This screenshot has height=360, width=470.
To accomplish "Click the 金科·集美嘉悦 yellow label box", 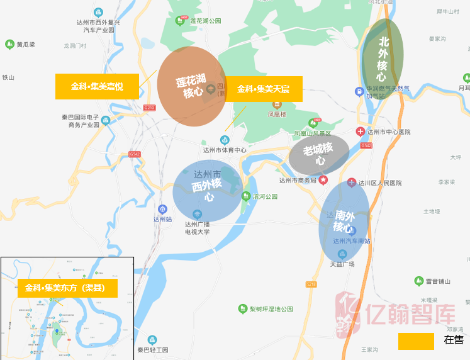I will click(97, 86).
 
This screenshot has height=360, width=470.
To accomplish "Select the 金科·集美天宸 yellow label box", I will click(263, 89).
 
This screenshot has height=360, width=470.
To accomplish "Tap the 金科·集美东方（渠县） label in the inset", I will click(67, 288).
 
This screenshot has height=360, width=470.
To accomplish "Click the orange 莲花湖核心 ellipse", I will click(192, 86).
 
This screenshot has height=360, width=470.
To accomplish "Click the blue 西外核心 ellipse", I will click(208, 189).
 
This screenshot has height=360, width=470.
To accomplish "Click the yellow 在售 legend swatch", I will click(416, 341).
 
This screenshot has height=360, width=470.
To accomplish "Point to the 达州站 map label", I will click(162, 219).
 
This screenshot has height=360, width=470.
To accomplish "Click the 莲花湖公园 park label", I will click(206, 21).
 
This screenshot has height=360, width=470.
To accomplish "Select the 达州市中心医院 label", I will click(388, 132).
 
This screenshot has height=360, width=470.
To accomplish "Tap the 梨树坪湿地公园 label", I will click(271, 309).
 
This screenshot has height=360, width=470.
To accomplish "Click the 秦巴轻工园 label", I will click(153, 349).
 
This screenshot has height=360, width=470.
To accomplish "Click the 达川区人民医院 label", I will click(379, 183).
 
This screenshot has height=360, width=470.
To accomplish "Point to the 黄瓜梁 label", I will click(26, 45).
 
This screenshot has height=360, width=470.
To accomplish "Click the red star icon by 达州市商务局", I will click(323, 180).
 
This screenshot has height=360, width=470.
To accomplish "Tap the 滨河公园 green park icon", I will click(246, 196).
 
